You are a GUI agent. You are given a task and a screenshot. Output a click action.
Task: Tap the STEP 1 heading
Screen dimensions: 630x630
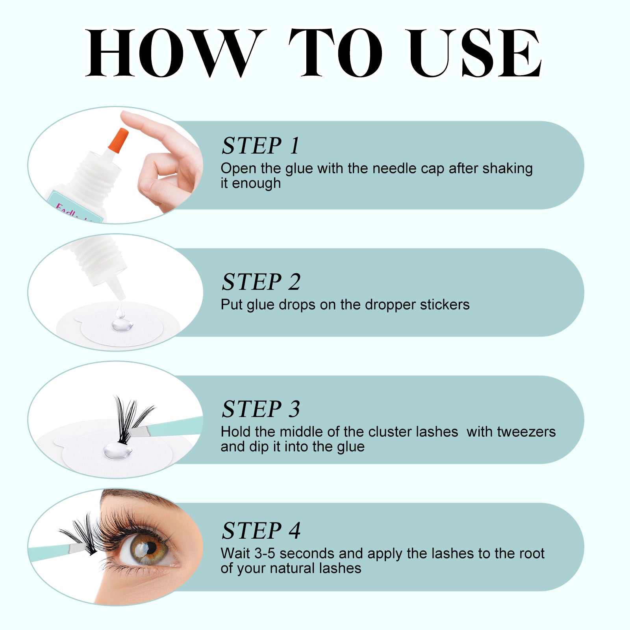[260, 146]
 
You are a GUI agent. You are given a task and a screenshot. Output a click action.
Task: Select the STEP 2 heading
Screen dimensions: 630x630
[261, 282]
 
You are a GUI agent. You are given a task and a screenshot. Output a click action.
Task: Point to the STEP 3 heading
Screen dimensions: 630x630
[261, 409]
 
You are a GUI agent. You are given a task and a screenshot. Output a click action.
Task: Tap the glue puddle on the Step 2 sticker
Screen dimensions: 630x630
[122, 325]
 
